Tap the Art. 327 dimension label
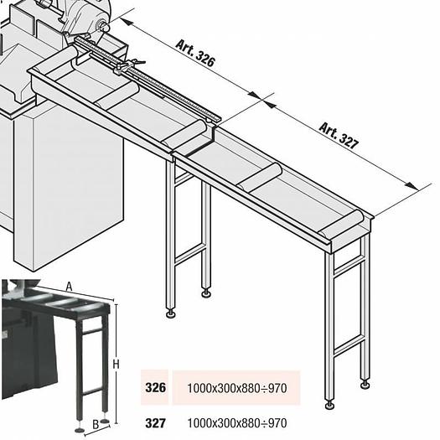point(338,135)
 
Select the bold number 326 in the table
point(155,389)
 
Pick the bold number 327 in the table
point(155,422)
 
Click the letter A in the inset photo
point(70,287)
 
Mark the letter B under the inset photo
point(96,423)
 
